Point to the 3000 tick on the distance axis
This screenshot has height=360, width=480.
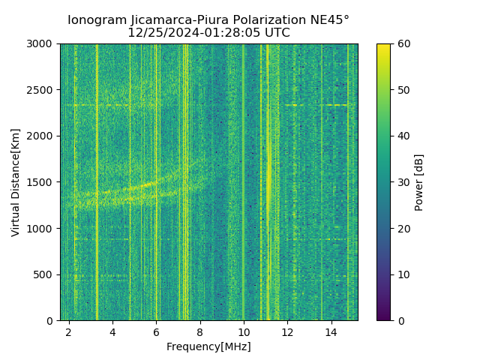tap(43, 44)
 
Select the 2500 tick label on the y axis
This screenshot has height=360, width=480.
tap(43, 90)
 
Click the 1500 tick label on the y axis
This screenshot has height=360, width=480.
tap(43, 182)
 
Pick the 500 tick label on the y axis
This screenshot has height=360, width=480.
tap(46, 274)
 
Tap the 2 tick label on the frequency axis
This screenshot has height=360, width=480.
tap(69, 331)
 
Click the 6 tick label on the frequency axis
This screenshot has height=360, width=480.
tap(156, 331)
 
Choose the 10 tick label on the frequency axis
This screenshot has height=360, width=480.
tap(244, 331)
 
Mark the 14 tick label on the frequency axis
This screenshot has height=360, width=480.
tap(331, 331)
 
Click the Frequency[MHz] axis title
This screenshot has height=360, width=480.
tap(208, 346)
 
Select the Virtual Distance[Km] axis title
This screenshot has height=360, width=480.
tap(16, 182)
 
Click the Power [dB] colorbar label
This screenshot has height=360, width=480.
tap(419, 182)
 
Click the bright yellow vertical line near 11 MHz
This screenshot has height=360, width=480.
tap(268, 180)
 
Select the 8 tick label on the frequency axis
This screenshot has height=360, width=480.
tap(199, 331)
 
